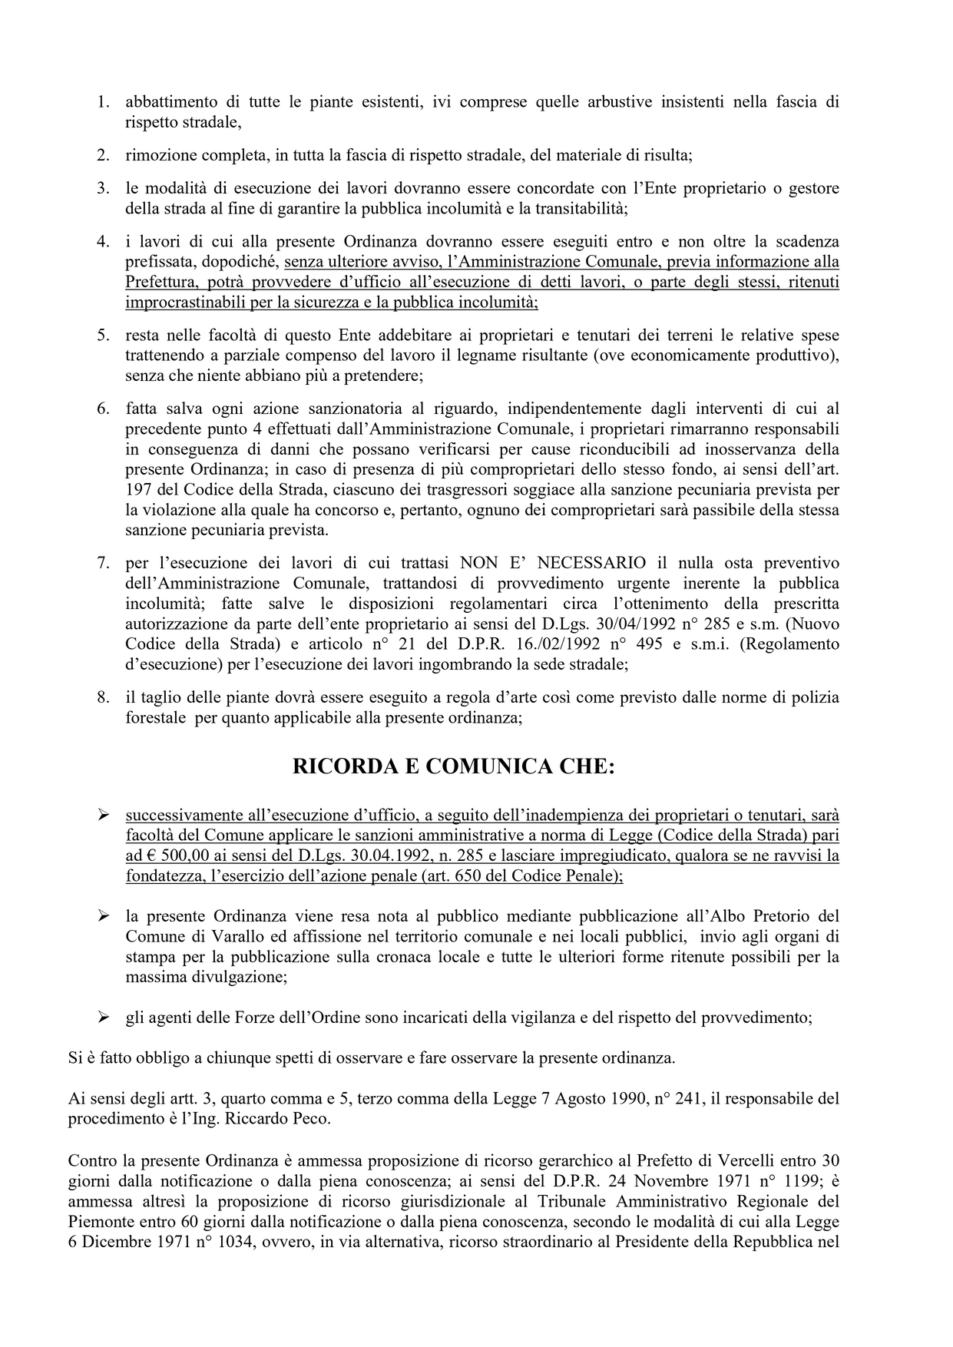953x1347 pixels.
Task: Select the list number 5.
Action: (x=102, y=336)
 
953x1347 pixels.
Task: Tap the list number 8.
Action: (x=102, y=698)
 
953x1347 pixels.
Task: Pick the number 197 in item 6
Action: (x=138, y=490)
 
